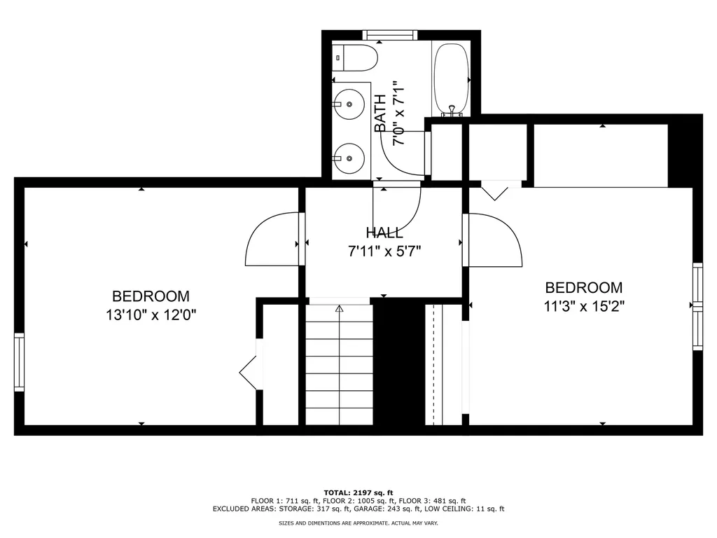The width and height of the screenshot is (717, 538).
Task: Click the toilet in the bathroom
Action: tap(357, 57)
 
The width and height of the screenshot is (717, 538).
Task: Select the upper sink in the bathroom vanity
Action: tap(348, 104)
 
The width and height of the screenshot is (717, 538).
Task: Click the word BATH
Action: tap(381, 113)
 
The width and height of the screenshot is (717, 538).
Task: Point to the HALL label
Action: tap(384, 233)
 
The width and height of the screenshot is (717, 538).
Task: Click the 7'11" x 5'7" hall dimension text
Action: tap(384, 249)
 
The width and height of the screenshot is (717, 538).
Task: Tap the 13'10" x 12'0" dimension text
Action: tap(151, 315)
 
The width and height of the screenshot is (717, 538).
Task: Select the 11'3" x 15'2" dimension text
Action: tap(584, 305)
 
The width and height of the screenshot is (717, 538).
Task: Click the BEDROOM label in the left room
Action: tap(151, 296)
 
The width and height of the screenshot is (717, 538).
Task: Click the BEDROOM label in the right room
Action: tap(584, 287)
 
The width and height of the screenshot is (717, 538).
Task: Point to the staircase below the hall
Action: tap(340, 364)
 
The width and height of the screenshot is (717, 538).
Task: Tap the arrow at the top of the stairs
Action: tap(340, 308)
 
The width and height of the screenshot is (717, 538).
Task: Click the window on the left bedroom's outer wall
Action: tap(19, 361)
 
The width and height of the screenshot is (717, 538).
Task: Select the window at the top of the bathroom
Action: tap(390, 34)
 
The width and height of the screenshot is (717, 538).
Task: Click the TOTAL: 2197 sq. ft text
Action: tap(358, 492)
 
